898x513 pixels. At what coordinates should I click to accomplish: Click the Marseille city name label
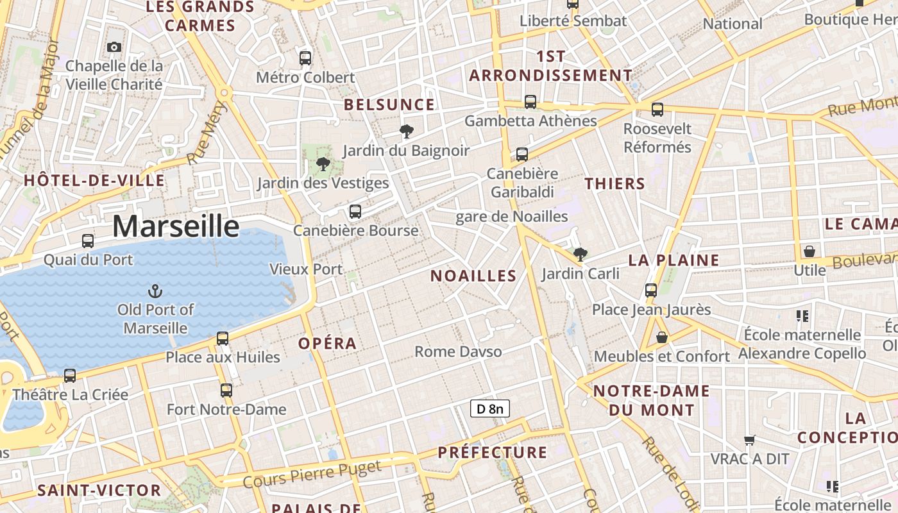176,226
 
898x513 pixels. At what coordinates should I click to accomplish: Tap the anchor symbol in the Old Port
155,292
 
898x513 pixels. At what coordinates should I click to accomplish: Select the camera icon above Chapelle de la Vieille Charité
114,47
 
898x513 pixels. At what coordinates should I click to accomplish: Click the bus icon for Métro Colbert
305,58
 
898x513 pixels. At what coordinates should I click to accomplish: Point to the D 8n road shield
489,408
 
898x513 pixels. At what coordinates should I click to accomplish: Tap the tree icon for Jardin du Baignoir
406,131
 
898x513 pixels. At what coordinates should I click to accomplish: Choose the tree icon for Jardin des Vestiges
323,164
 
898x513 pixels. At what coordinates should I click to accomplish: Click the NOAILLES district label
473,276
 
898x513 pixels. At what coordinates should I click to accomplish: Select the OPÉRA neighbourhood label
327,343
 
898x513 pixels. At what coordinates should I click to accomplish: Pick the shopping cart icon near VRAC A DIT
750,440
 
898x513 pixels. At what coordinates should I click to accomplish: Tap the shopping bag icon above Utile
809,251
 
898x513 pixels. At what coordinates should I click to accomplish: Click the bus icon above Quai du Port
88,241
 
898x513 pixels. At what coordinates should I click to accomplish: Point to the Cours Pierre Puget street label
312,474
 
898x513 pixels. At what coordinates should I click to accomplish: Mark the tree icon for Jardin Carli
580,255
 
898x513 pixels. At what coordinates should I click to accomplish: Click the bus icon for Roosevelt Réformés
657,110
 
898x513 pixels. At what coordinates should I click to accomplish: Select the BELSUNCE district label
389,105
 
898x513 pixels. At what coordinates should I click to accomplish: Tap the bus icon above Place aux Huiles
223,338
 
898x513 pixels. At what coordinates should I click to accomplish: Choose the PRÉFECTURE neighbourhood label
493,452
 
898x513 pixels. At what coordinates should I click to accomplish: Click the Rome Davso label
458,351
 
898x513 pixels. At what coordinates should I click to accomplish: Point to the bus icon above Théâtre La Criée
70,375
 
